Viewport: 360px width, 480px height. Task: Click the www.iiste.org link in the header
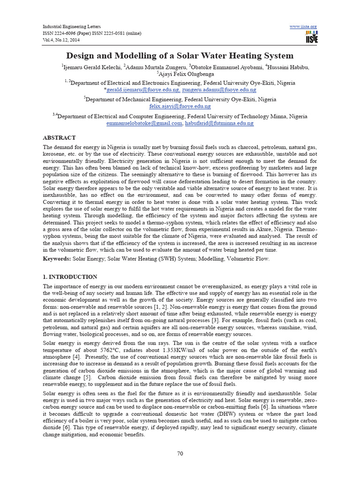coord(303,26)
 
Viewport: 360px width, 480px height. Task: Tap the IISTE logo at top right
coord(311,37)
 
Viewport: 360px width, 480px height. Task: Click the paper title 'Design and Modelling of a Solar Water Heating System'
coord(180,56)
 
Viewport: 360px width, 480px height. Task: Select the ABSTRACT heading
coord(59,138)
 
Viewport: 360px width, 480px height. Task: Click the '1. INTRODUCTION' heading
coord(70,277)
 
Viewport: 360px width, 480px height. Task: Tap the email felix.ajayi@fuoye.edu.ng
coord(180,106)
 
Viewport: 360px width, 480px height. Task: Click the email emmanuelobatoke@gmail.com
coord(144,123)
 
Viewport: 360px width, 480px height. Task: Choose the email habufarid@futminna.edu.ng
coord(219,123)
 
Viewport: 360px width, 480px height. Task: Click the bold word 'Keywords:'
coord(58,259)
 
